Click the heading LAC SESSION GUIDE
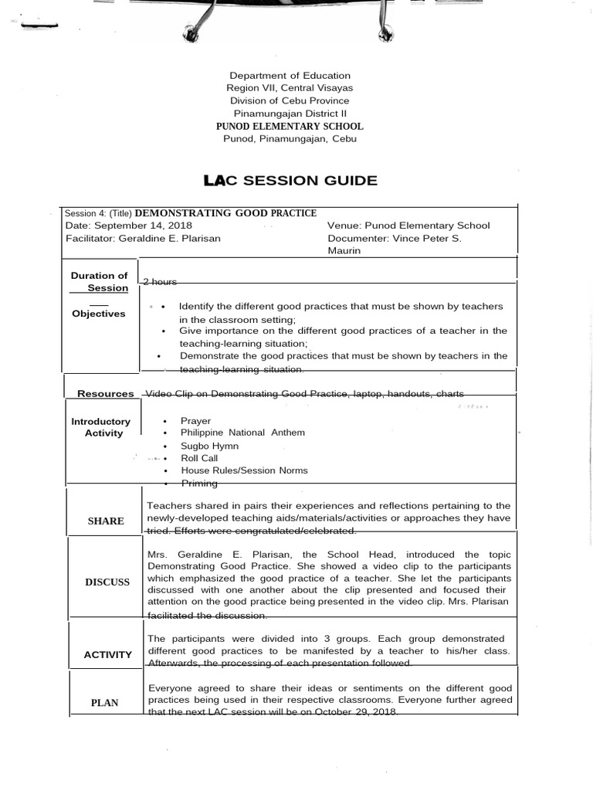pyautogui.click(x=290, y=181)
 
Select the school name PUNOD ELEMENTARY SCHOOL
pyautogui.click(x=290, y=126)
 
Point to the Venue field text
pyautogui.click(x=408, y=226)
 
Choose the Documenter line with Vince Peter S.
pyautogui.click(x=395, y=238)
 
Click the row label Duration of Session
pyautogui.click(x=100, y=282)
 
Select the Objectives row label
pyautogui.click(x=99, y=314)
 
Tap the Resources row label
pyautogui.click(x=106, y=394)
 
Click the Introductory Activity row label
pyautogui.click(x=101, y=427)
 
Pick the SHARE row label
pyautogui.click(x=106, y=521)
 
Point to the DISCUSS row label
pyautogui.click(x=108, y=582)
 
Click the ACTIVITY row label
pyautogui.click(x=108, y=655)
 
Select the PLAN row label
pyautogui.click(x=105, y=703)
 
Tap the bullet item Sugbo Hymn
pyautogui.click(x=209, y=446)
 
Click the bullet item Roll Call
pyautogui.click(x=199, y=458)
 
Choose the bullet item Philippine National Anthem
pyautogui.click(x=242, y=433)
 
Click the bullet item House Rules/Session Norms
pyautogui.click(x=244, y=470)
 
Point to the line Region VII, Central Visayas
pyautogui.click(x=290, y=88)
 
